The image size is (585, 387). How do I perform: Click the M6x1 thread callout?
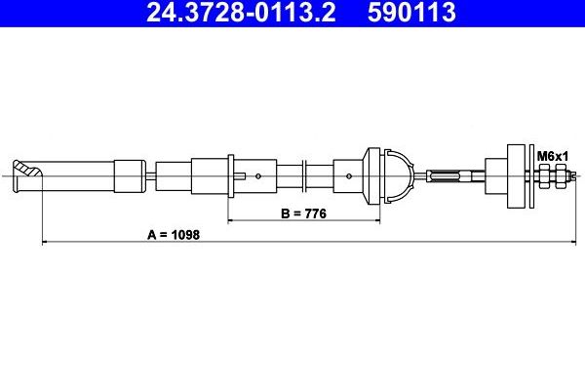[x=552, y=155]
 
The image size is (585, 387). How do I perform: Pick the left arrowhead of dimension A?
[x=46, y=242]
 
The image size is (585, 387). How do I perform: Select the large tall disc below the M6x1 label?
[x=516, y=176]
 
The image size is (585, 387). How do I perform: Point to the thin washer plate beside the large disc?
[x=531, y=176]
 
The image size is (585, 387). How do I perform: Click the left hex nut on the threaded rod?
[x=544, y=176]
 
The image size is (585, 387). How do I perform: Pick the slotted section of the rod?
[x=449, y=176]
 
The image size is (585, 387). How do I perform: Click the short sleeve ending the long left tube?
[x=128, y=176]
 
